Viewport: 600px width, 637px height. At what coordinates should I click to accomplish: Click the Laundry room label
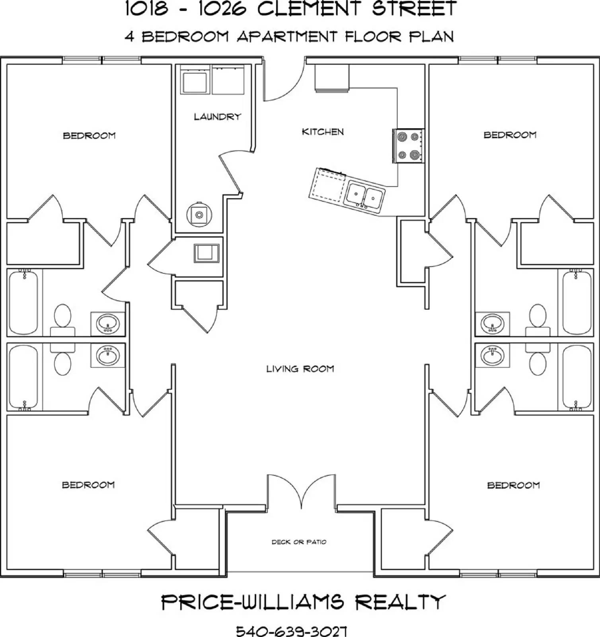coord(218,117)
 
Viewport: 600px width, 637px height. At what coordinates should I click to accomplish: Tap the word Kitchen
coord(323,132)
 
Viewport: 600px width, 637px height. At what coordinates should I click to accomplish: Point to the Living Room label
coord(300,369)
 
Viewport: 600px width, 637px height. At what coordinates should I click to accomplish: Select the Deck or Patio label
coord(299,542)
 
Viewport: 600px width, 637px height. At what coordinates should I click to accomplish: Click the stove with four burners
coord(408,146)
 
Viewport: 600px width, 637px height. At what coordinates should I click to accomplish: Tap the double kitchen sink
coord(365,195)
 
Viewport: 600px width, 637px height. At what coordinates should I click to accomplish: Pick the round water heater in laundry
coord(199,215)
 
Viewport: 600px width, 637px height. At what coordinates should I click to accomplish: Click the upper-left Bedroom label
coord(89,136)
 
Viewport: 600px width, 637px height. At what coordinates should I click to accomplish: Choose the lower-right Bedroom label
coord(513,485)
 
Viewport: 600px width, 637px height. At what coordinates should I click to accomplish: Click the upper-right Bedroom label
coord(510,135)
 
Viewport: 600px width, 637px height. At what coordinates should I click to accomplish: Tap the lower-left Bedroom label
coord(88,485)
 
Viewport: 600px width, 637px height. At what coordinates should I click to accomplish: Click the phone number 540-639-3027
coord(292,631)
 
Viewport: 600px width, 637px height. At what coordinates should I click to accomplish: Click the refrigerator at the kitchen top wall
coord(332,78)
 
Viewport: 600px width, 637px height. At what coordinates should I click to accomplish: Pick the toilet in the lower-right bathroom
coord(538,358)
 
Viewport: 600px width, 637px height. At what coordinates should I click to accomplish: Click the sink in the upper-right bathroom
coord(493,323)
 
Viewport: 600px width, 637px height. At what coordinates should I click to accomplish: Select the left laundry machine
coord(195,80)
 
